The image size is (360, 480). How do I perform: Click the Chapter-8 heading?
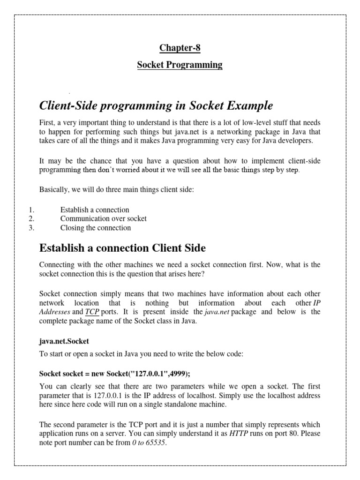pos(180,47)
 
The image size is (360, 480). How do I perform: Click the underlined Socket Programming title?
pos(180,65)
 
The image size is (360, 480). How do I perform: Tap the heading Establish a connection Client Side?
pos(122,247)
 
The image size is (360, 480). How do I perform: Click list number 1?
pos(32,210)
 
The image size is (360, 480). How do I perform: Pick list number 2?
pos(32,218)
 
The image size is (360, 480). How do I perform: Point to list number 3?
pos(32,228)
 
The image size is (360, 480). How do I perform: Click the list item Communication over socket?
pos(103,218)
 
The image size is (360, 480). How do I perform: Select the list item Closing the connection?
pos(96,228)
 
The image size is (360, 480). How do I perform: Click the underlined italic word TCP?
pos(92,312)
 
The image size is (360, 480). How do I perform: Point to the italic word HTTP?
pos(239,434)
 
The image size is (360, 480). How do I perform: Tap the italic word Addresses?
pos(55,312)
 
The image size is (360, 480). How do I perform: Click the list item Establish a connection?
pos(95,210)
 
